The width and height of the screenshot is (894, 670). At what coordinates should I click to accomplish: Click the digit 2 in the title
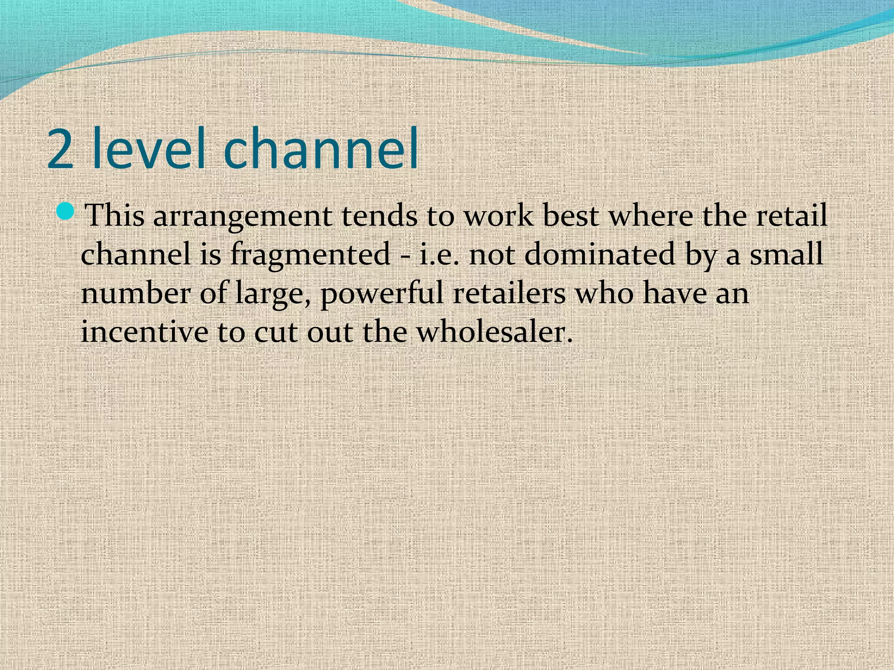(60, 148)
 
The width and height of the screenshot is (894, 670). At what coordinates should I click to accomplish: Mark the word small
(786, 253)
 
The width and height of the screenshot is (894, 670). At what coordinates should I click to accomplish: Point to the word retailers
(509, 293)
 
